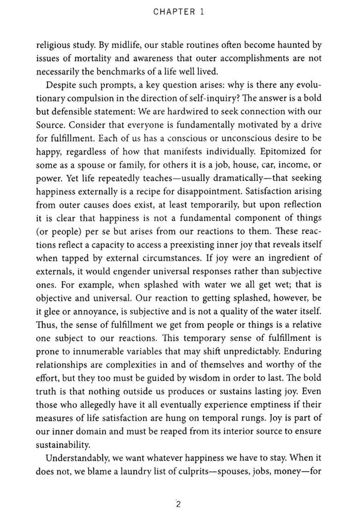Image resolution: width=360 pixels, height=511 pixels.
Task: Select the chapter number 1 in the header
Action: [202, 12]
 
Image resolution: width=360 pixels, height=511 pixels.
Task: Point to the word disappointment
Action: [209, 191]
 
